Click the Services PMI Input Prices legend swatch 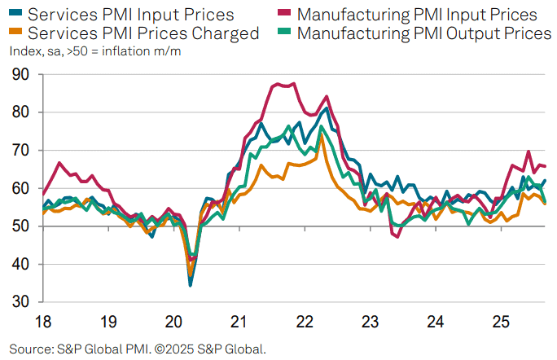pyautogui.click(x=15, y=15)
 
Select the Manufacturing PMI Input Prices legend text pyautogui.click(x=417, y=15)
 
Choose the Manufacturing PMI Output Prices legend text pyautogui.click(x=424, y=33)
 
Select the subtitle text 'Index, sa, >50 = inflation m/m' pyautogui.click(x=95, y=52)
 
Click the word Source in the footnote pyautogui.click(x=32, y=349)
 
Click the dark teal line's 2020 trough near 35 pyautogui.click(x=191, y=285)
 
